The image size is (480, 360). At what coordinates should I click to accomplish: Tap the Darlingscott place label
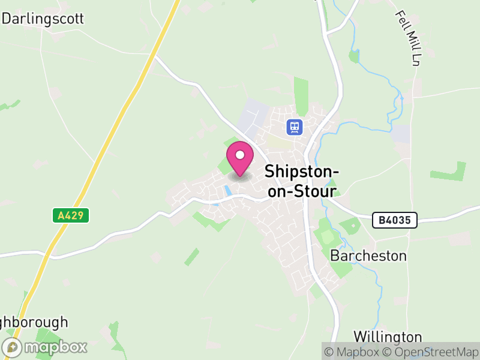pyautogui.click(x=43, y=19)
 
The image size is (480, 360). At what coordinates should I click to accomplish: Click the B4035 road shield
pyautogui.click(x=394, y=220)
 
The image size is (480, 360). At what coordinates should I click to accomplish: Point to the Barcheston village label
pyautogui.click(x=368, y=256)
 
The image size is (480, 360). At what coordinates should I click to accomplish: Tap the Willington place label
pyautogui.click(x=388, y=336)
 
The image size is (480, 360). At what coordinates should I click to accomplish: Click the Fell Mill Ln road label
pyautogui.click(x=406, y=37)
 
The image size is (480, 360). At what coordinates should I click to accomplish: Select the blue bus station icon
pyautogui.click(x=293, y=127)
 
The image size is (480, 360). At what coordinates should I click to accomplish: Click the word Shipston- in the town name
pyautogui.click(x=302, y=172)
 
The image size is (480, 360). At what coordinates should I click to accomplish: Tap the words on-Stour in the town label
pyautogui.click(x=301, y=191)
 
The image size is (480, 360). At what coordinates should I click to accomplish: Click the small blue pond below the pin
pyautogui.click(x=227, y=191)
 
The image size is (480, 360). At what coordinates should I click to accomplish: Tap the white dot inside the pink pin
pyautogui.click(x=240, y=155)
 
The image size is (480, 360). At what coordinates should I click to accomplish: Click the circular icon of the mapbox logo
pyautogui.click(x=13, y=347)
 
